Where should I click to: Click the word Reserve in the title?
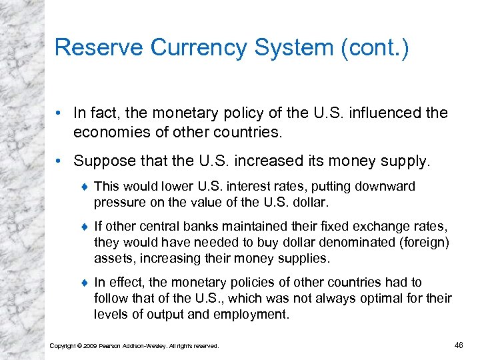[x=98, y=47]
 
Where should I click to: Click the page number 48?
[x=459, y=345]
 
